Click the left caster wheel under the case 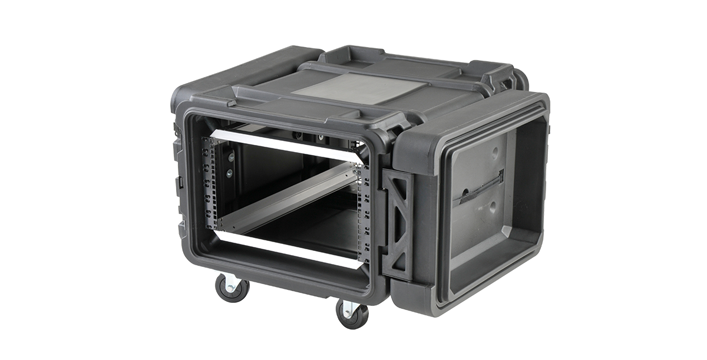tap(232, 289)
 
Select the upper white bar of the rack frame tap(283, 146)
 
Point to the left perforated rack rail tap(210, 183)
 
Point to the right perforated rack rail tap(363, 212)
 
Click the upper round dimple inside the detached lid tap(494, 151)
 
